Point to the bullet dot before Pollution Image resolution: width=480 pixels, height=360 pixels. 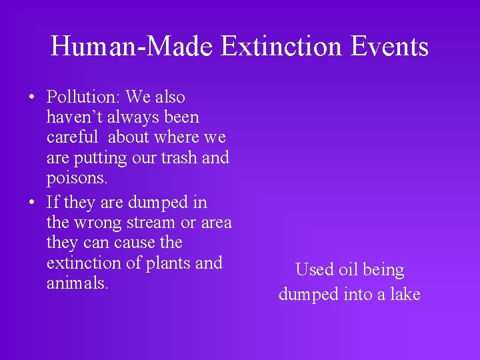click(x=32, y=97)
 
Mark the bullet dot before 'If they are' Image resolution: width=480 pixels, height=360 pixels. click(x=32, y=203)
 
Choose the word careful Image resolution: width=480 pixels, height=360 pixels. click(x=73, y=137)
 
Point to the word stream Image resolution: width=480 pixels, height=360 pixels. click(x=155, y=222)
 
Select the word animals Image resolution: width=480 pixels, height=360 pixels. click(x=77, y=283)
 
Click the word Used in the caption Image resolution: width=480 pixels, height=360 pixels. click(x=313, y=270)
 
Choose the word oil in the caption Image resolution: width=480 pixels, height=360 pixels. click(x=345, y=270)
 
